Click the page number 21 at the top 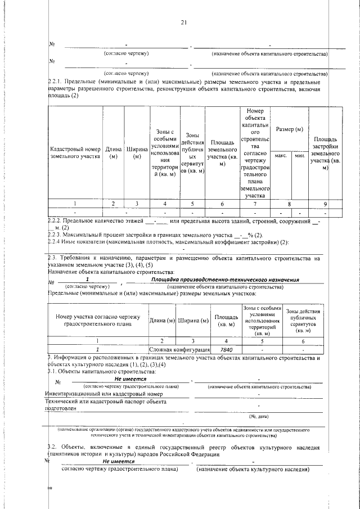tap(183, 22)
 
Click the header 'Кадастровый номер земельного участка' tap(75, 153)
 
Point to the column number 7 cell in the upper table tap(255, 204)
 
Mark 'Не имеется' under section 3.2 tap(125, 461)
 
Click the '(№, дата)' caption tap(258, 416)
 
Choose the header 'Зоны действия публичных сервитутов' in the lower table tap(303, 321)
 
